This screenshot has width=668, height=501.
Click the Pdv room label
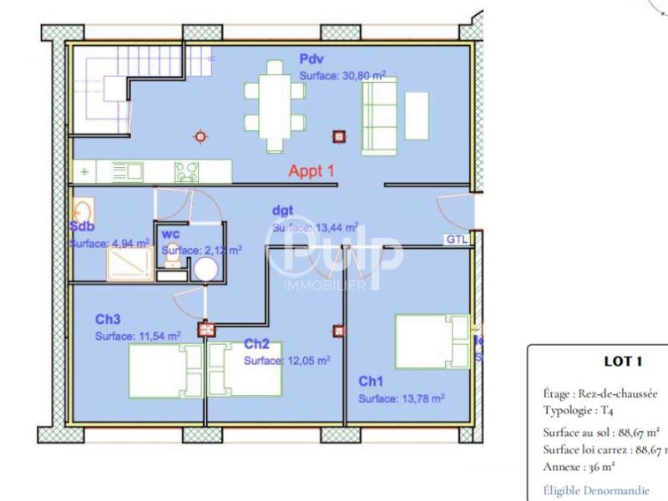click(311, 59)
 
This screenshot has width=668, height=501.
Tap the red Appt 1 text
click(311, 170)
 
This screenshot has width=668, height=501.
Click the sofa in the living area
click(378, 119)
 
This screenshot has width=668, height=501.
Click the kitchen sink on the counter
click(126, 172)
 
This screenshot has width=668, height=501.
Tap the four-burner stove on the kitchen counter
click(186, 172)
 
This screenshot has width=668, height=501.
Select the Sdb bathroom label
click(82, 226)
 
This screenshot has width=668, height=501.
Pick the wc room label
click(171, 235)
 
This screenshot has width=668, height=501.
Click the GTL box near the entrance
click(457, 239)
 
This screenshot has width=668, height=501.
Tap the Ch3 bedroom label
click(108, 319)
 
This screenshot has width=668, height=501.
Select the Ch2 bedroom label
click(256, 344)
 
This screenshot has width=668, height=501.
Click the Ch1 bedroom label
click(371, 382)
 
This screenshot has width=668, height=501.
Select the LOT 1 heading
click(622, 362)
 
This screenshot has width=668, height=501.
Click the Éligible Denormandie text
click(595, 491)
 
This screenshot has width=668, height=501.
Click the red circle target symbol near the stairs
click(199, 136)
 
